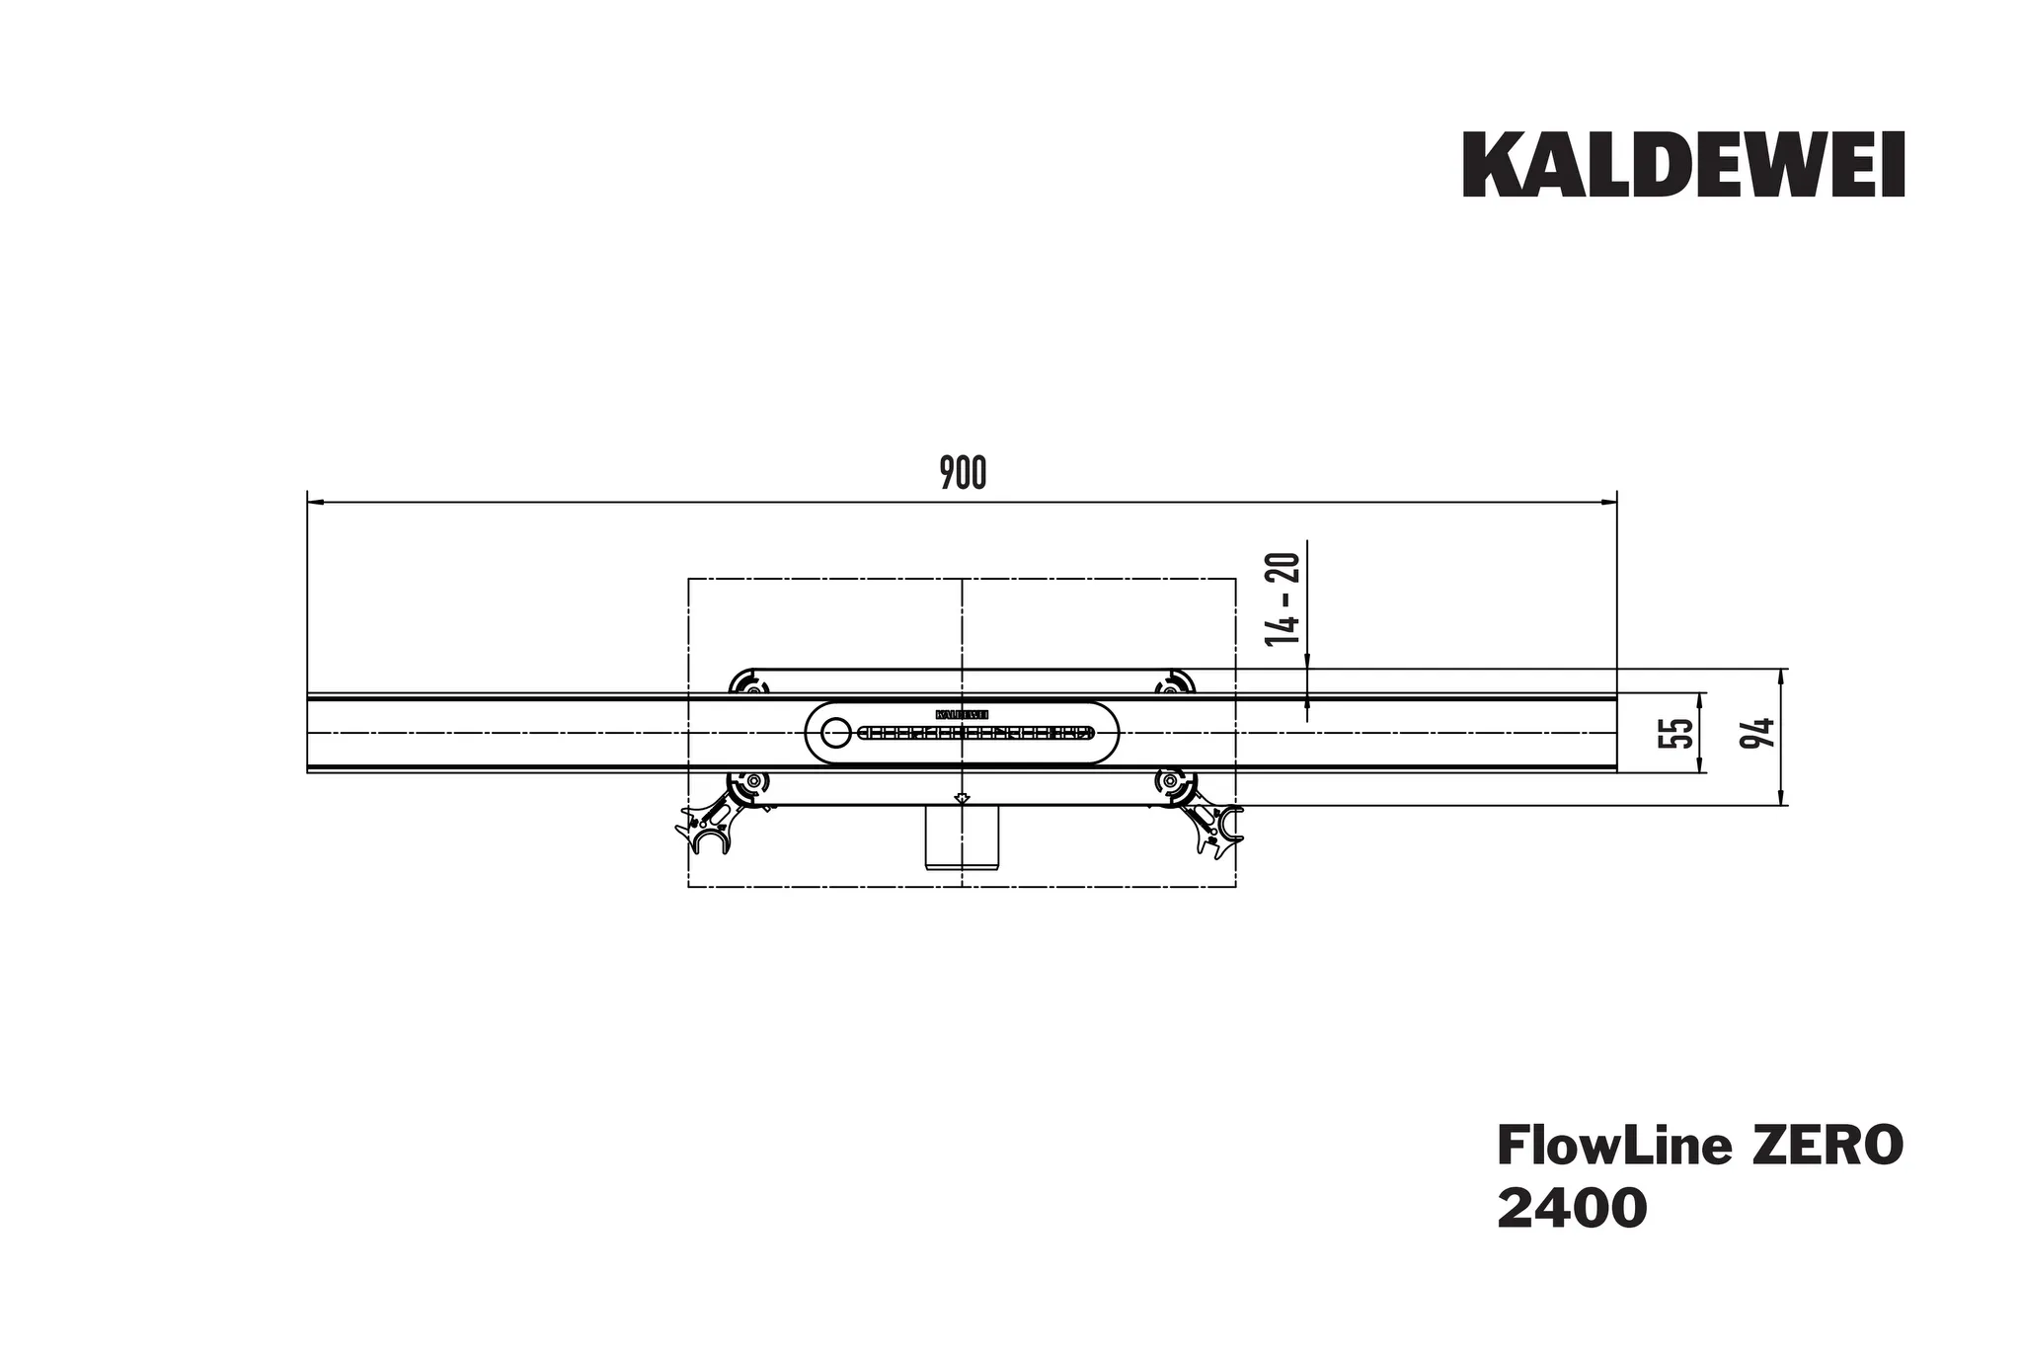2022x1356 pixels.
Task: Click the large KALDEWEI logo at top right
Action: (x=1683, y=166)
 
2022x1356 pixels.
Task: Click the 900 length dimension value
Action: (x=963, y=474)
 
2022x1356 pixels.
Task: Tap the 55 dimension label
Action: (x=1674, y=733)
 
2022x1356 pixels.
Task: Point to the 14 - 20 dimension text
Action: (x=1283, y=599)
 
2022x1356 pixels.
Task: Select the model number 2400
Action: (x=1572, y=1209)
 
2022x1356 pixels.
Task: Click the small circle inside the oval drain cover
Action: (x=835, y=732)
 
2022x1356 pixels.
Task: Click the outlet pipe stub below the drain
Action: (x=963, y=838)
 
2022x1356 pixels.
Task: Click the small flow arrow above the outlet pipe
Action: (x=963, y=797)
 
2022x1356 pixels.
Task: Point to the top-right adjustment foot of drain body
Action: (x=1175, y=684)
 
